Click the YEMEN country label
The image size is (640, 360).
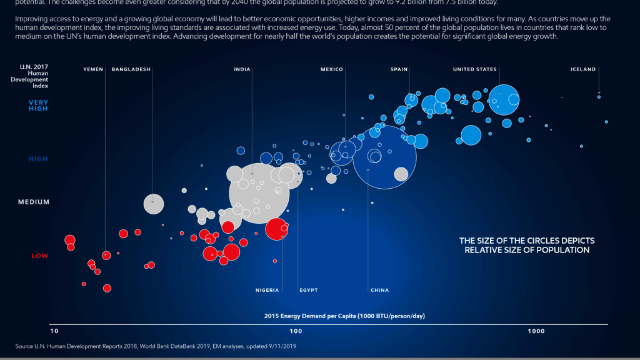pos(93,69)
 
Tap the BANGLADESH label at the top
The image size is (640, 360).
pos(131,69)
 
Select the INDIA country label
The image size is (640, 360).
pos(242,69)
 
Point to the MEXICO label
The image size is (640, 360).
pos(332,69)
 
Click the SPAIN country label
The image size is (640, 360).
pos(399,69)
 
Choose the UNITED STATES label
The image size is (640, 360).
pos(475,69)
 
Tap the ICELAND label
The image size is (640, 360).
pos(584,69)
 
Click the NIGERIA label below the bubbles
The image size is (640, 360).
pos(267,290)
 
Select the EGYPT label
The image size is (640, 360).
pos(309,290)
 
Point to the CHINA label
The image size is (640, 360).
pos(380,290)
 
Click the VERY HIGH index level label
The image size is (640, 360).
pos(38,106)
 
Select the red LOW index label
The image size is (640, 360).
pos(39,256)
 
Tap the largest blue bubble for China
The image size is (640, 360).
pos(384,157)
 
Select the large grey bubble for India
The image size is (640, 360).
pos(259,192)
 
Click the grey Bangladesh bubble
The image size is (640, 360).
pos(154,204)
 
